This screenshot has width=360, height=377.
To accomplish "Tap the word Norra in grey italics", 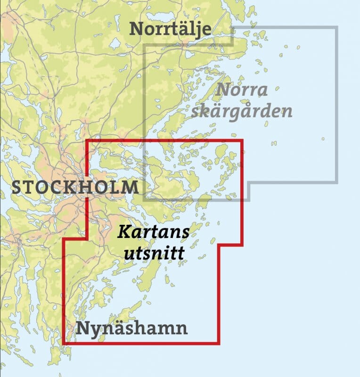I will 243,90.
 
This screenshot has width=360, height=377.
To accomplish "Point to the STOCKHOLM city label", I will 75,187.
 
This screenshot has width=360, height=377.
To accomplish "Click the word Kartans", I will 153,232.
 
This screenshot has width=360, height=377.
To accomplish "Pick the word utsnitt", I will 153,254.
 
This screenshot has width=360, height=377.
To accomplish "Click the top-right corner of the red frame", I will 242,140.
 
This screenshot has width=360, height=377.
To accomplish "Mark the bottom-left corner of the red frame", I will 64,343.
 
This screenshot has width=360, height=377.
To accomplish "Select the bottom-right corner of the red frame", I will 218,343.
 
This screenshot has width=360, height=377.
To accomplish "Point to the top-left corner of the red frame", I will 87,140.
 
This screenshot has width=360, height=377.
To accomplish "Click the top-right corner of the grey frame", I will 337,27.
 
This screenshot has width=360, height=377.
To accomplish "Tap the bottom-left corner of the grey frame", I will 144,200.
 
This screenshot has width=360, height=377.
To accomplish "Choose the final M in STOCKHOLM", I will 131,188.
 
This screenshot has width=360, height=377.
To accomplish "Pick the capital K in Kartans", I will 123,232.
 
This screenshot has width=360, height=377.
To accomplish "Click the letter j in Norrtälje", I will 197,30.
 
